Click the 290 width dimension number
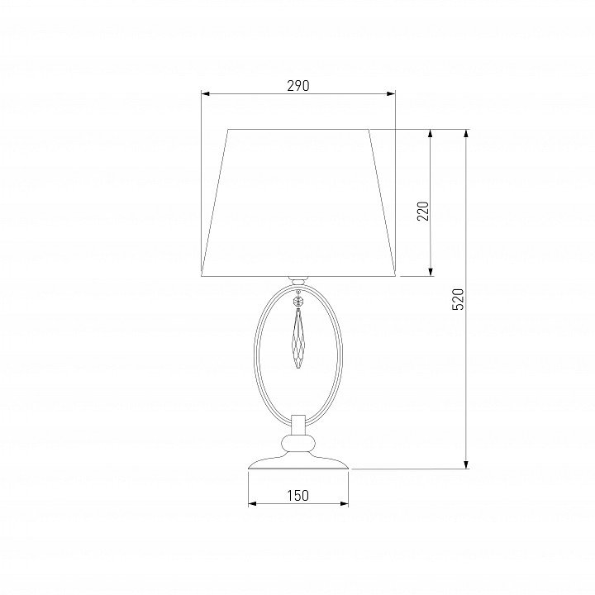[x=297, y=86]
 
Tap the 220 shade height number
[x=423, y=211]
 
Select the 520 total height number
[x=458, y=299]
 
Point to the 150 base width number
[x=297, y=495]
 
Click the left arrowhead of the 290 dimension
[x=206, y=93]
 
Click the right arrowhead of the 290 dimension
[x=390, y=93]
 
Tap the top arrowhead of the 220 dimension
[x=431, y=134]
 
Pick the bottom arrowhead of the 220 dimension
[x=431, y=272]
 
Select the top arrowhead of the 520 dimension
[x=466, y=134]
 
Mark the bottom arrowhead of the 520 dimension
[x=466, y=464]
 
